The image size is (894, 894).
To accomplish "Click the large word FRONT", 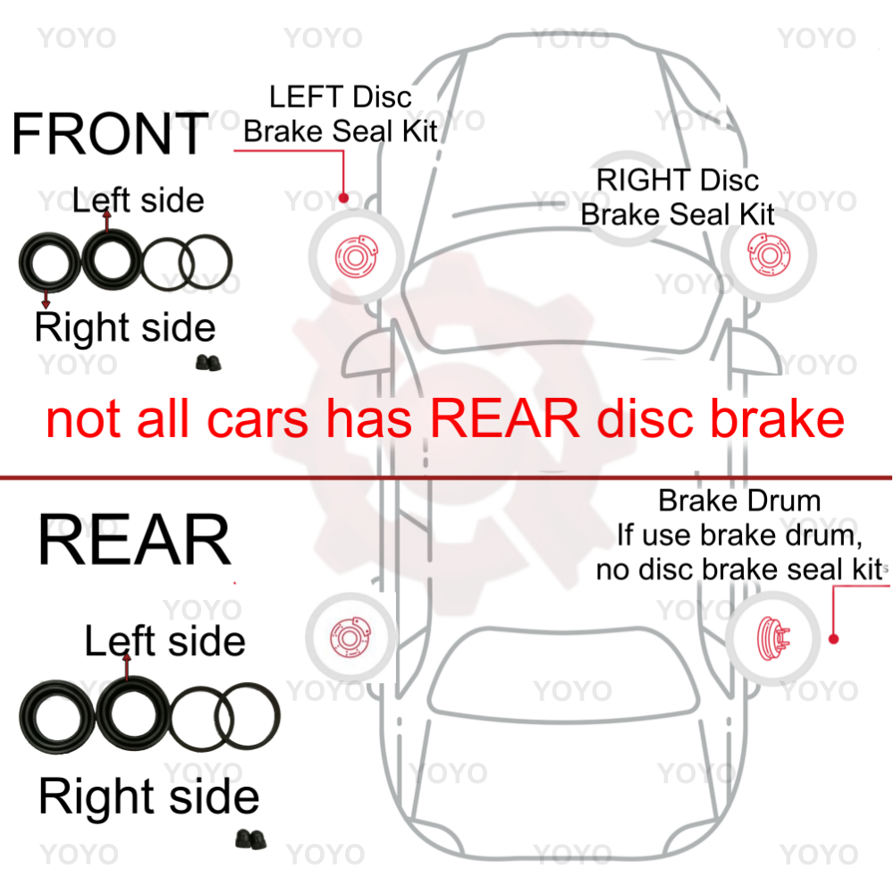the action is (x=110, y=134).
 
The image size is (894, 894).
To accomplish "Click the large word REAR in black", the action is (x=134, y=541).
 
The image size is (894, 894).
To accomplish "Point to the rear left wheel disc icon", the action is (x=349, y=637).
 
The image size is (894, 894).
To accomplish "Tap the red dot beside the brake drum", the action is (x=832, y=639).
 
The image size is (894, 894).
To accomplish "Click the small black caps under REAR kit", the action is (x=247, y=838).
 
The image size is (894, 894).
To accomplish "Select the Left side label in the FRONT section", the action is (x=139, y=199).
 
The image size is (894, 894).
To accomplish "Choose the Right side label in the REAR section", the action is (x=149, y=797).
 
